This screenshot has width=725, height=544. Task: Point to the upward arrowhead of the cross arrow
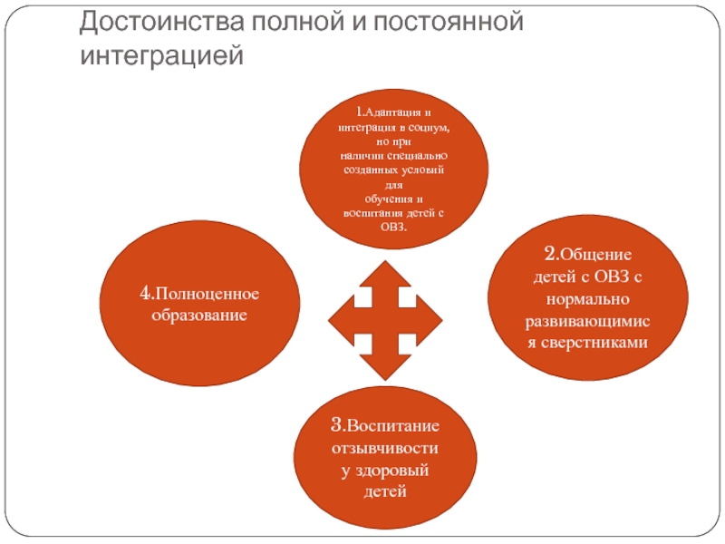point(384,271)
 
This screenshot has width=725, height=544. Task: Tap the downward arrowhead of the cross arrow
point(384,364)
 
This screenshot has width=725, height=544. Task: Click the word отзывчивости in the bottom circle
point(384,449)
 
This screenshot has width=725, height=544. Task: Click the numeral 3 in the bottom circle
point(335,425)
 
